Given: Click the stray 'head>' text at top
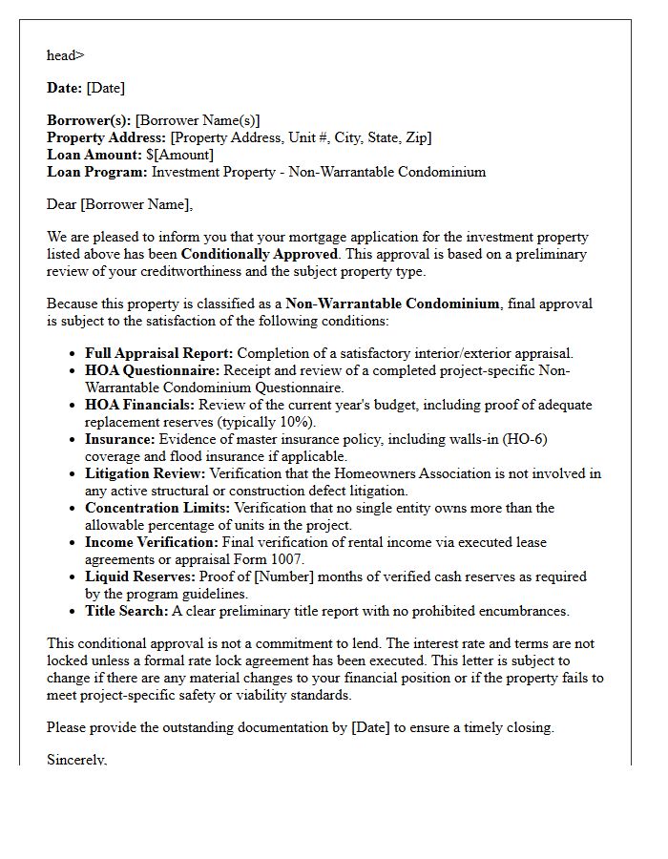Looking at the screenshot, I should pos(65,55).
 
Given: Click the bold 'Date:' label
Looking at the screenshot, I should pos(65,88).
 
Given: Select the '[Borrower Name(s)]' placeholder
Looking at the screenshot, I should pos(198,120).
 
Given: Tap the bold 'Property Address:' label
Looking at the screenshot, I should pos(106,137).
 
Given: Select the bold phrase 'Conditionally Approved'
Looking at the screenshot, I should pos(260,254).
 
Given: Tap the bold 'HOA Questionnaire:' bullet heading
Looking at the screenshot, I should pos(152,370).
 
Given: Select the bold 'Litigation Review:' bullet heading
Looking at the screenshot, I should pos(145,473).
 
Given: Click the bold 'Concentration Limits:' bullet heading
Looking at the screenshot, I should pos(157,508).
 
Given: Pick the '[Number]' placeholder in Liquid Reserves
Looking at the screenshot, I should pos(261,576).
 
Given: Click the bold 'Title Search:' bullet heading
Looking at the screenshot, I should pos(127,611).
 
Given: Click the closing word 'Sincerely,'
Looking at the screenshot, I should pos(77,760).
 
